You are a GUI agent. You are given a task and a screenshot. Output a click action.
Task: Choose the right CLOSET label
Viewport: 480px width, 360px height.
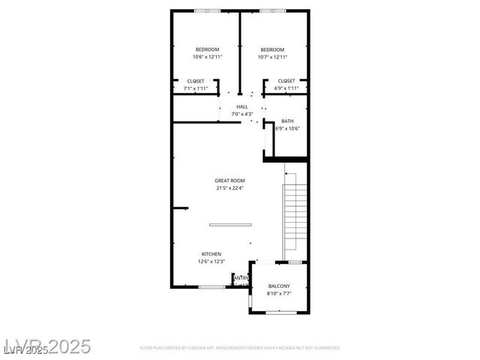click(286, 81)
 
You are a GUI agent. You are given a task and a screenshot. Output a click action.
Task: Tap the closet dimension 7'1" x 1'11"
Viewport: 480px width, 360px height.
click(195, 88)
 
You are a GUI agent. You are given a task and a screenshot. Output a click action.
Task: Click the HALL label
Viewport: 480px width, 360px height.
click(241, 106)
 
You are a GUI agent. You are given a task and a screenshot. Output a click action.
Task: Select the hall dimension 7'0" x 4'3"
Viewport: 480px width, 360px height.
click(241, 114)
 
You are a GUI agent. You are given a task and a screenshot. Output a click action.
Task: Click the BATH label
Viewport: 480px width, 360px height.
click(287, 121)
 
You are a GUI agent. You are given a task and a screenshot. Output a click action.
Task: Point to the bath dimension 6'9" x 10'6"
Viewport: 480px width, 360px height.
click(287, 128)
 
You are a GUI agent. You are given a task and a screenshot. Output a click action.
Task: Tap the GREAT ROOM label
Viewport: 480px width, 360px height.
click(229, 180)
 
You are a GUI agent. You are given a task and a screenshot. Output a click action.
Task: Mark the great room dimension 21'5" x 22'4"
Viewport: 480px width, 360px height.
click(229, 187)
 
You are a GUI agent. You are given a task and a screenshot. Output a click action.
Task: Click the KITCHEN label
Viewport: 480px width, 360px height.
click(211, 254)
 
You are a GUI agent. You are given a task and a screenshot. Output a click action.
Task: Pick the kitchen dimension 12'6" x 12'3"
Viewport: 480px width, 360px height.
click(211, 262)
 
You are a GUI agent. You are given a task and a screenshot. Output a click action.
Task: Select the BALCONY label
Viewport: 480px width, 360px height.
click(279, 286)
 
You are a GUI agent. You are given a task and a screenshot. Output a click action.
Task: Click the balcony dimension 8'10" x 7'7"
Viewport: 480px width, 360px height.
click(279, 293)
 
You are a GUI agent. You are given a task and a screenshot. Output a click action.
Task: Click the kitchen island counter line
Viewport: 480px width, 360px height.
click(230, 224)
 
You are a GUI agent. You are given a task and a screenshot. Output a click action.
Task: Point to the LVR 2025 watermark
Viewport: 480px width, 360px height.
click(46, 346)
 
